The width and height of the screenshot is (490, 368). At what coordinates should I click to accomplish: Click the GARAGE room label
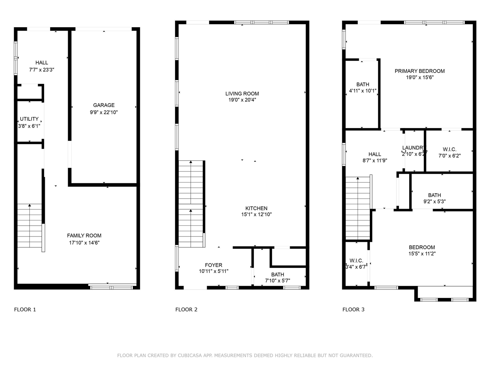pos(104,105)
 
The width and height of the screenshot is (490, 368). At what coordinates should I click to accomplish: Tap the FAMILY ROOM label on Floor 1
pos(84,236)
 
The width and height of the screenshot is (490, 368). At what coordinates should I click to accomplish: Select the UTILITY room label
pos(29,119)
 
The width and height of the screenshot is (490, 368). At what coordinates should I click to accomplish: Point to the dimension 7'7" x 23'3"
pos(42,70)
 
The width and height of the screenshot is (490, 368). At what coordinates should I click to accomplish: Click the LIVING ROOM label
pos(242,94)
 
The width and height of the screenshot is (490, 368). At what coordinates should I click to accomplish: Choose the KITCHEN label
pos(256,209)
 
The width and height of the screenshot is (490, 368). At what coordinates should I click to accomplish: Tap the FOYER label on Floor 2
pos(213,265)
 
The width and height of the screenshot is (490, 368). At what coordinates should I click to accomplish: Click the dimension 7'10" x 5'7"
pos(278,281)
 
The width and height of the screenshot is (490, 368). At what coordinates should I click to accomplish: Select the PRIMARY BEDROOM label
pos(420,71)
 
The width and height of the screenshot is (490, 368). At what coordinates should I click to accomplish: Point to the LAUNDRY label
pos(413,148)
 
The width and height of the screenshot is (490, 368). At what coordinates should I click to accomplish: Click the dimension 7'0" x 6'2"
pos(449,156)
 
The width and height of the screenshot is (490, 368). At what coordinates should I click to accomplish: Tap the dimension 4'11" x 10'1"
pos(363,91)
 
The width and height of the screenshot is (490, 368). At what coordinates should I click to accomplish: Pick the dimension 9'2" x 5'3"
pos(434,201)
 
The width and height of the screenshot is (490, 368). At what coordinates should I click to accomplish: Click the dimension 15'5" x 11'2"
pos(422,253)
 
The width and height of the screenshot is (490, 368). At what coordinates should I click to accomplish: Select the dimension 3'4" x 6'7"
pos(356,267)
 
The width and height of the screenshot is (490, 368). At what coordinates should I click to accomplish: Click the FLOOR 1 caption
pos(25,310)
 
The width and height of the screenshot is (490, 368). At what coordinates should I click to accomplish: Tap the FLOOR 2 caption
pos(186,310)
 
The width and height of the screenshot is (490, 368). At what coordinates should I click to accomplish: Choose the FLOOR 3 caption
pos(353,310)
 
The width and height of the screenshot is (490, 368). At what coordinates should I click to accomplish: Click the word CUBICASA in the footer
pos(191,356)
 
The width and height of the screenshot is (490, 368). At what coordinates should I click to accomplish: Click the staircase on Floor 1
pos(29,226)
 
